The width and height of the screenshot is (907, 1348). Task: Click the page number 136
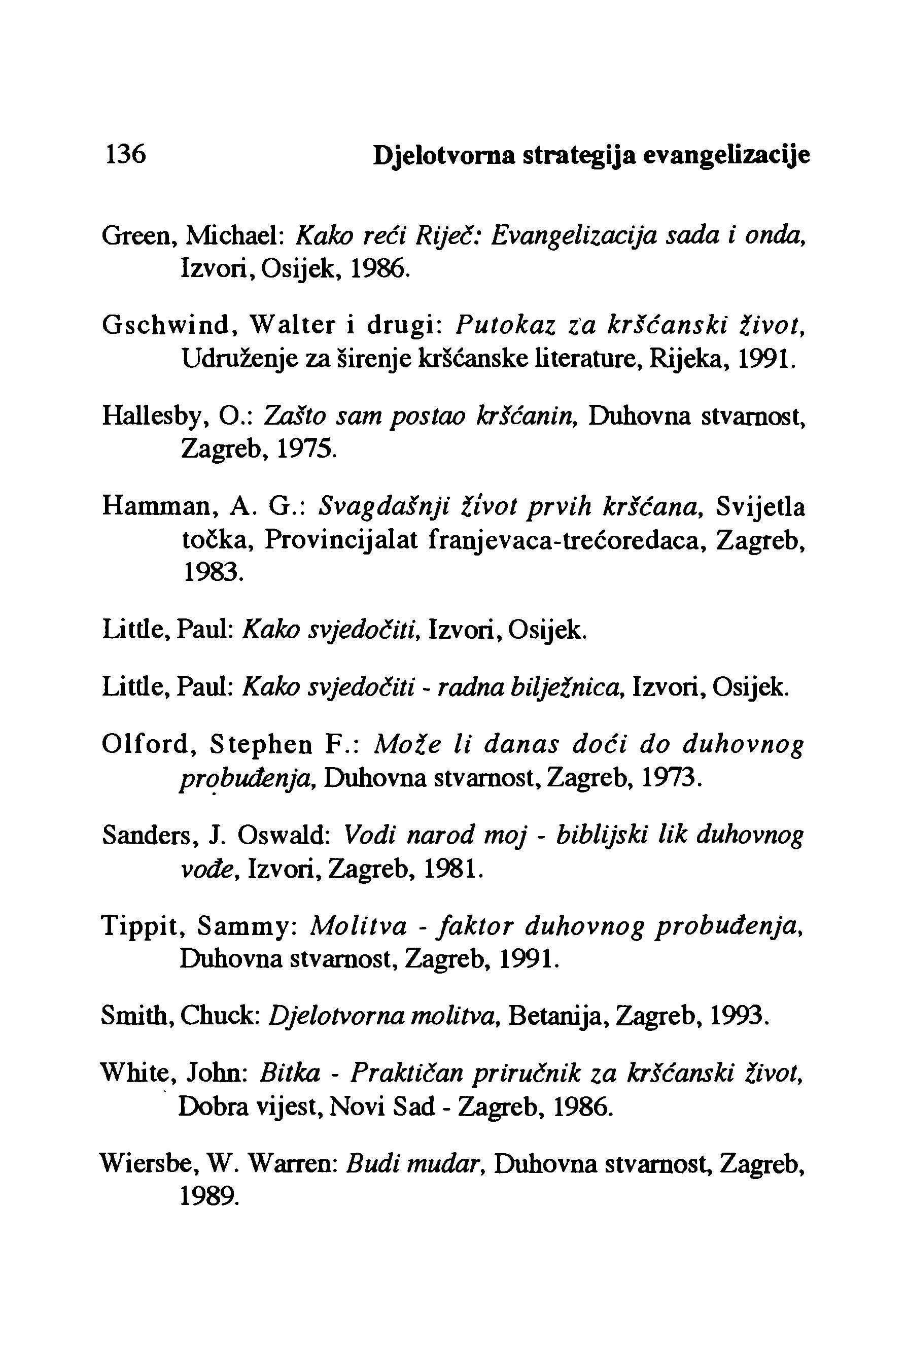(124, 155)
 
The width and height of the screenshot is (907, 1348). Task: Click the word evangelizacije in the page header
(726, 156)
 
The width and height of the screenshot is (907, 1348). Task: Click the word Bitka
(290, 1074)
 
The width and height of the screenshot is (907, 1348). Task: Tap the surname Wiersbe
(145, 1164)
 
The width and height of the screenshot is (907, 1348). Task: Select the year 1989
(207, 1196)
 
